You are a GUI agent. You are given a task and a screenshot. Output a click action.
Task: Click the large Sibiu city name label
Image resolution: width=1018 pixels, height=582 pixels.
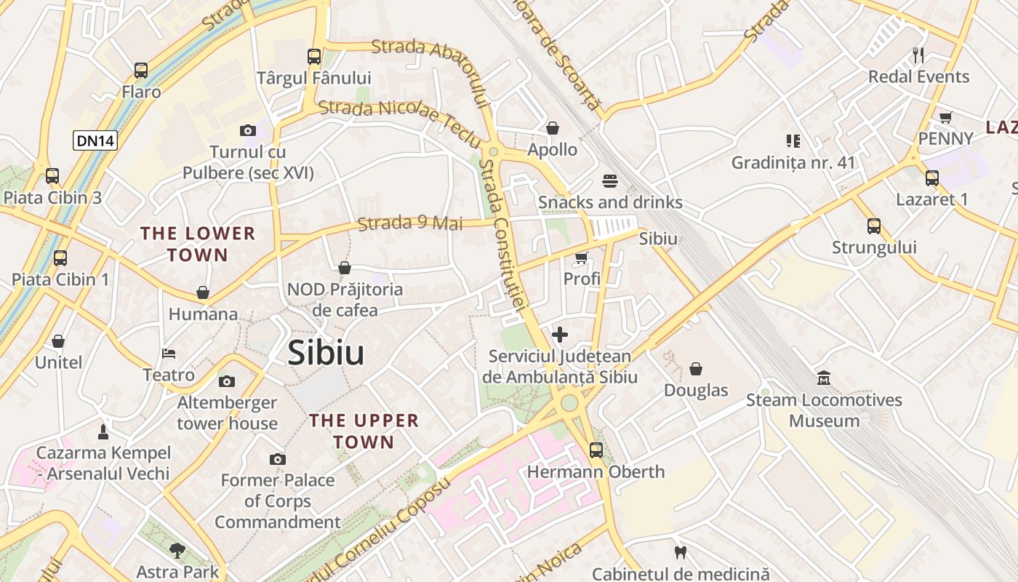tap(326, 353)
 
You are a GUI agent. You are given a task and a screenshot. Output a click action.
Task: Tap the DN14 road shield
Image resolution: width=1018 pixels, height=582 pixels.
tap(95, 140)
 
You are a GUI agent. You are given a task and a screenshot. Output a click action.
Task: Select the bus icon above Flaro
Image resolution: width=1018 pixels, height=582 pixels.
tap(141, 71)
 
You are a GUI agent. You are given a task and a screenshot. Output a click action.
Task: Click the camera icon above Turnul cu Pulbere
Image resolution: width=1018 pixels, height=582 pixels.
tap(248, 131)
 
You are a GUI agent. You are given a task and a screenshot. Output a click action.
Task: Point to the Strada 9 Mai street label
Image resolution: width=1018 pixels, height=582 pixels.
tap(411, 223)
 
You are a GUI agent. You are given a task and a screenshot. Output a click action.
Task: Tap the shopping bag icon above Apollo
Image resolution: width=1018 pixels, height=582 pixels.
tap(553, 129)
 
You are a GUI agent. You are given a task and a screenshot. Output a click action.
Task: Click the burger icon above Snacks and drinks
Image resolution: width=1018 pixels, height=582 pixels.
tap(609, 180)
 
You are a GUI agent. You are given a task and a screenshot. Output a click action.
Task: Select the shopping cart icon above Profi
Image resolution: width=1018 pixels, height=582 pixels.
tap(581, 258)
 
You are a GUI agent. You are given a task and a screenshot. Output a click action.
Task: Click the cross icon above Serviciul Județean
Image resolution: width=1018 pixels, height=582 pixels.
tap(560, 335)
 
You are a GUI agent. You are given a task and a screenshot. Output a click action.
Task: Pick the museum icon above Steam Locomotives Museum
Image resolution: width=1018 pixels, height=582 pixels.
tap(824, 378)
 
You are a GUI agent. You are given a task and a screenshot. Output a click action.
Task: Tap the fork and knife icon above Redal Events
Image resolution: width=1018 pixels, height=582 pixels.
tap(918, 55)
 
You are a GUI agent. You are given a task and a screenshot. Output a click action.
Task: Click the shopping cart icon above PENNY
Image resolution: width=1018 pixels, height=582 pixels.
tap(945, 117)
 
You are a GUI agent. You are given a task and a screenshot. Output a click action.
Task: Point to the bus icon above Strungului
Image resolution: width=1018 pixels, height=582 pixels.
tap(874, 226)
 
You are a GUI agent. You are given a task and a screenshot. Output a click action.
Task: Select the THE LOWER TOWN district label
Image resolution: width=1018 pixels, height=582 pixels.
tap(198, 244)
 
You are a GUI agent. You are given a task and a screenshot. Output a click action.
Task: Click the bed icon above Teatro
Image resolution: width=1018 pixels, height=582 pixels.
tap(169, 354)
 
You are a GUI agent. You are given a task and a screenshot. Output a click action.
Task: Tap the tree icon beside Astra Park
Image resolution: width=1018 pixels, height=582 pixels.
tap(177, 550)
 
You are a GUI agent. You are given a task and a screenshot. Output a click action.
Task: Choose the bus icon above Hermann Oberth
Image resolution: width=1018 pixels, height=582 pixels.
tap(596, 450)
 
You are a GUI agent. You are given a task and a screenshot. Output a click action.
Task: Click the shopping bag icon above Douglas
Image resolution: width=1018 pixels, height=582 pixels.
tap(696, 369)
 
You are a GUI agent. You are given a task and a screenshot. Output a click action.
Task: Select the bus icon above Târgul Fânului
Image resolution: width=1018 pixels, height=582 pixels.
tap(314, 56)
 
